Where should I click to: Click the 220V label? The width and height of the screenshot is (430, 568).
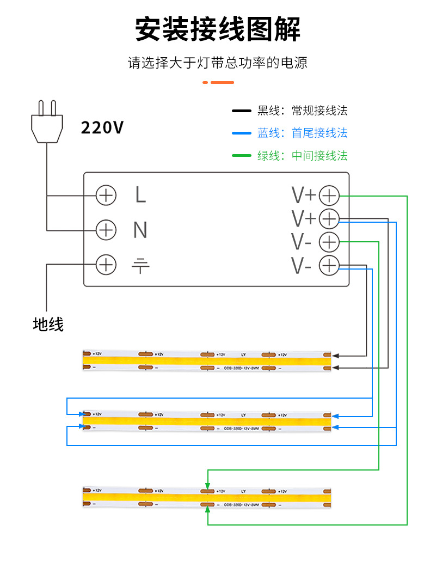pos(102,127)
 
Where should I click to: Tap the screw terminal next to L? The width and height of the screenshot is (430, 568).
pos(106,195)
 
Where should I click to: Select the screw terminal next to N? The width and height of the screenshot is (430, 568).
pos(106,230)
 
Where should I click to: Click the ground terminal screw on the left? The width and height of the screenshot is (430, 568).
pos(106,265)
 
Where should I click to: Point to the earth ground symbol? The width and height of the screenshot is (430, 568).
pos(140,266)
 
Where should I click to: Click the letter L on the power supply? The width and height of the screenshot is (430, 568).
pos(140,195)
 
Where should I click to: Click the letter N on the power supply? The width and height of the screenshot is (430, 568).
pos(140,230)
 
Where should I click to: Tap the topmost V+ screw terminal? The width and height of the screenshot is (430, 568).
pos(329,196)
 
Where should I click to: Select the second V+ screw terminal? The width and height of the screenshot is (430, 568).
pos(329,219)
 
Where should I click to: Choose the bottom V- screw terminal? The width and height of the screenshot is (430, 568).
pos(329,266)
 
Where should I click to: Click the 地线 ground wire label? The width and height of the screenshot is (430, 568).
pos(48,325)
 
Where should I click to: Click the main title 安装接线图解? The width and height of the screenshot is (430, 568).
pos(218,29)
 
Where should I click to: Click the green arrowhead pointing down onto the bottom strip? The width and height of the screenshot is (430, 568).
pos(207,485)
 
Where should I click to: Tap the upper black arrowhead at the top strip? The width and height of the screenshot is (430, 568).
pos(335,355)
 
